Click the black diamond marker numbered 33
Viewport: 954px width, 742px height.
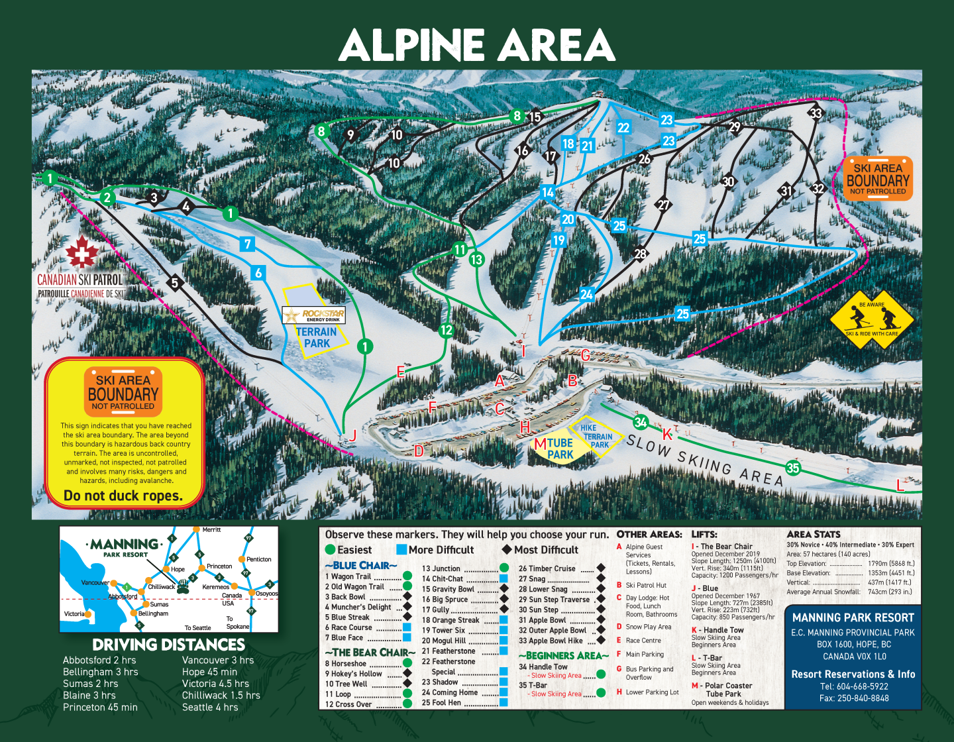tap(816, 113)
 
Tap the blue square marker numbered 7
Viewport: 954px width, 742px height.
tap(248, 244)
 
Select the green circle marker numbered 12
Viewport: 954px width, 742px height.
tap(447, 330)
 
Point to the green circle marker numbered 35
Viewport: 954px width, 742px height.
tap(793, 468)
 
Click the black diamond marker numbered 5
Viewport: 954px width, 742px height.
tap(175, 283)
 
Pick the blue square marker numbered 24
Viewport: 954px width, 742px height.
tap(586, 294)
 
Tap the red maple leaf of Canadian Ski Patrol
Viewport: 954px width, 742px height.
tap(81, 252)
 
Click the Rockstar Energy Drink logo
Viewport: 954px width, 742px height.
tap(314, 315)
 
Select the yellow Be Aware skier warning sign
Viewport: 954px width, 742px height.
tap(872, 321)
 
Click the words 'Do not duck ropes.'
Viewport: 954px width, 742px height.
tap(123, 496)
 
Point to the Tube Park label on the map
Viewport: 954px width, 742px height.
tap(559, 449)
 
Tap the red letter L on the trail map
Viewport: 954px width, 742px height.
tap(900, 486)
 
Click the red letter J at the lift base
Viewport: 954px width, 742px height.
tap(353, 435)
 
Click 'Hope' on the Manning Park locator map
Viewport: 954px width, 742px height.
tap(178, 569)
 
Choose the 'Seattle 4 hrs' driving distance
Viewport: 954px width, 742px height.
tap(209, 707)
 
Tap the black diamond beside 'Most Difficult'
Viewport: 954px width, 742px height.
tap(507, 550)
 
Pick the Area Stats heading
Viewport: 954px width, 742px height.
tap(813, 534)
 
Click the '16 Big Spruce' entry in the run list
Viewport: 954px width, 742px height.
tap(445, 599)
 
